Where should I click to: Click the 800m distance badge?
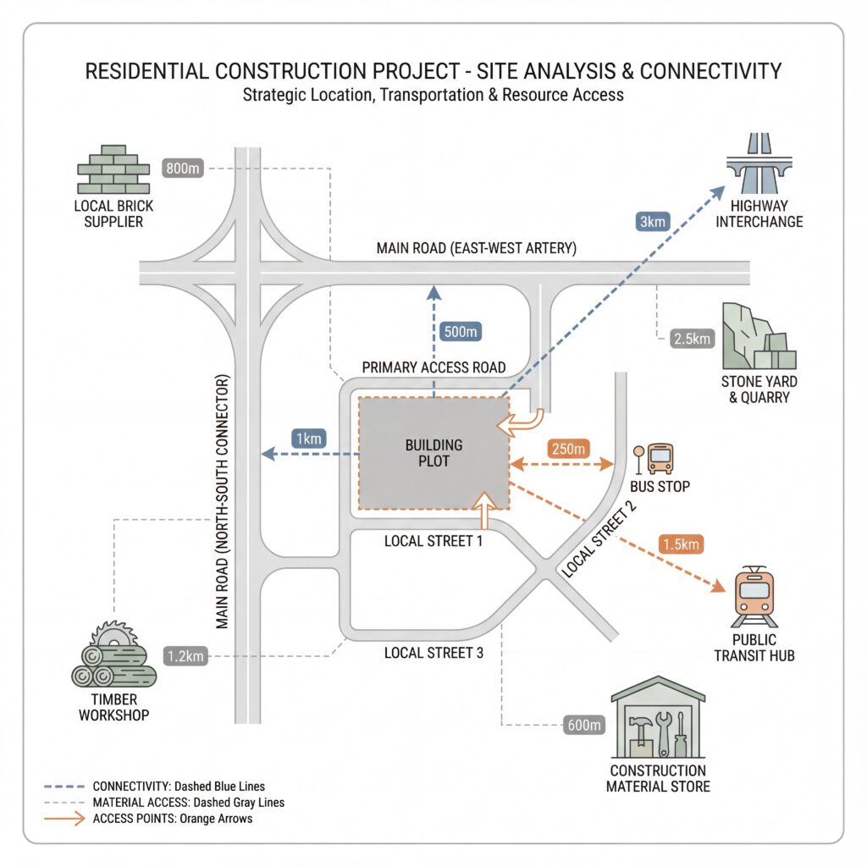coord(183,168)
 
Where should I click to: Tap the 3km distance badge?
coord(653,222)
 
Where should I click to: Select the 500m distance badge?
coord(461,332)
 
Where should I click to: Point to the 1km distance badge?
coord(308,439)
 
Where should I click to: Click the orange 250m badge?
coord(568,449)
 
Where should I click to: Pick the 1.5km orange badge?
coord(682,544)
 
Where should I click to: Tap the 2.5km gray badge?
coord(693,339)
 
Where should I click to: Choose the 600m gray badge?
coord(584,725)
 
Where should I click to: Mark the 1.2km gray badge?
coord(185,656)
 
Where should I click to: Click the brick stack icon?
coord(113,169)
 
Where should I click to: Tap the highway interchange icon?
coord(759,163)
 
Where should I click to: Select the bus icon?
coord(660,458)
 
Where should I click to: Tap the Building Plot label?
coord(434,453)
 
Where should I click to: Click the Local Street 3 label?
coord(433,653)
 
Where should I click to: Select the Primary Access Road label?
coord(434,367)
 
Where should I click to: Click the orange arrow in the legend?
coord(64,819)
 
